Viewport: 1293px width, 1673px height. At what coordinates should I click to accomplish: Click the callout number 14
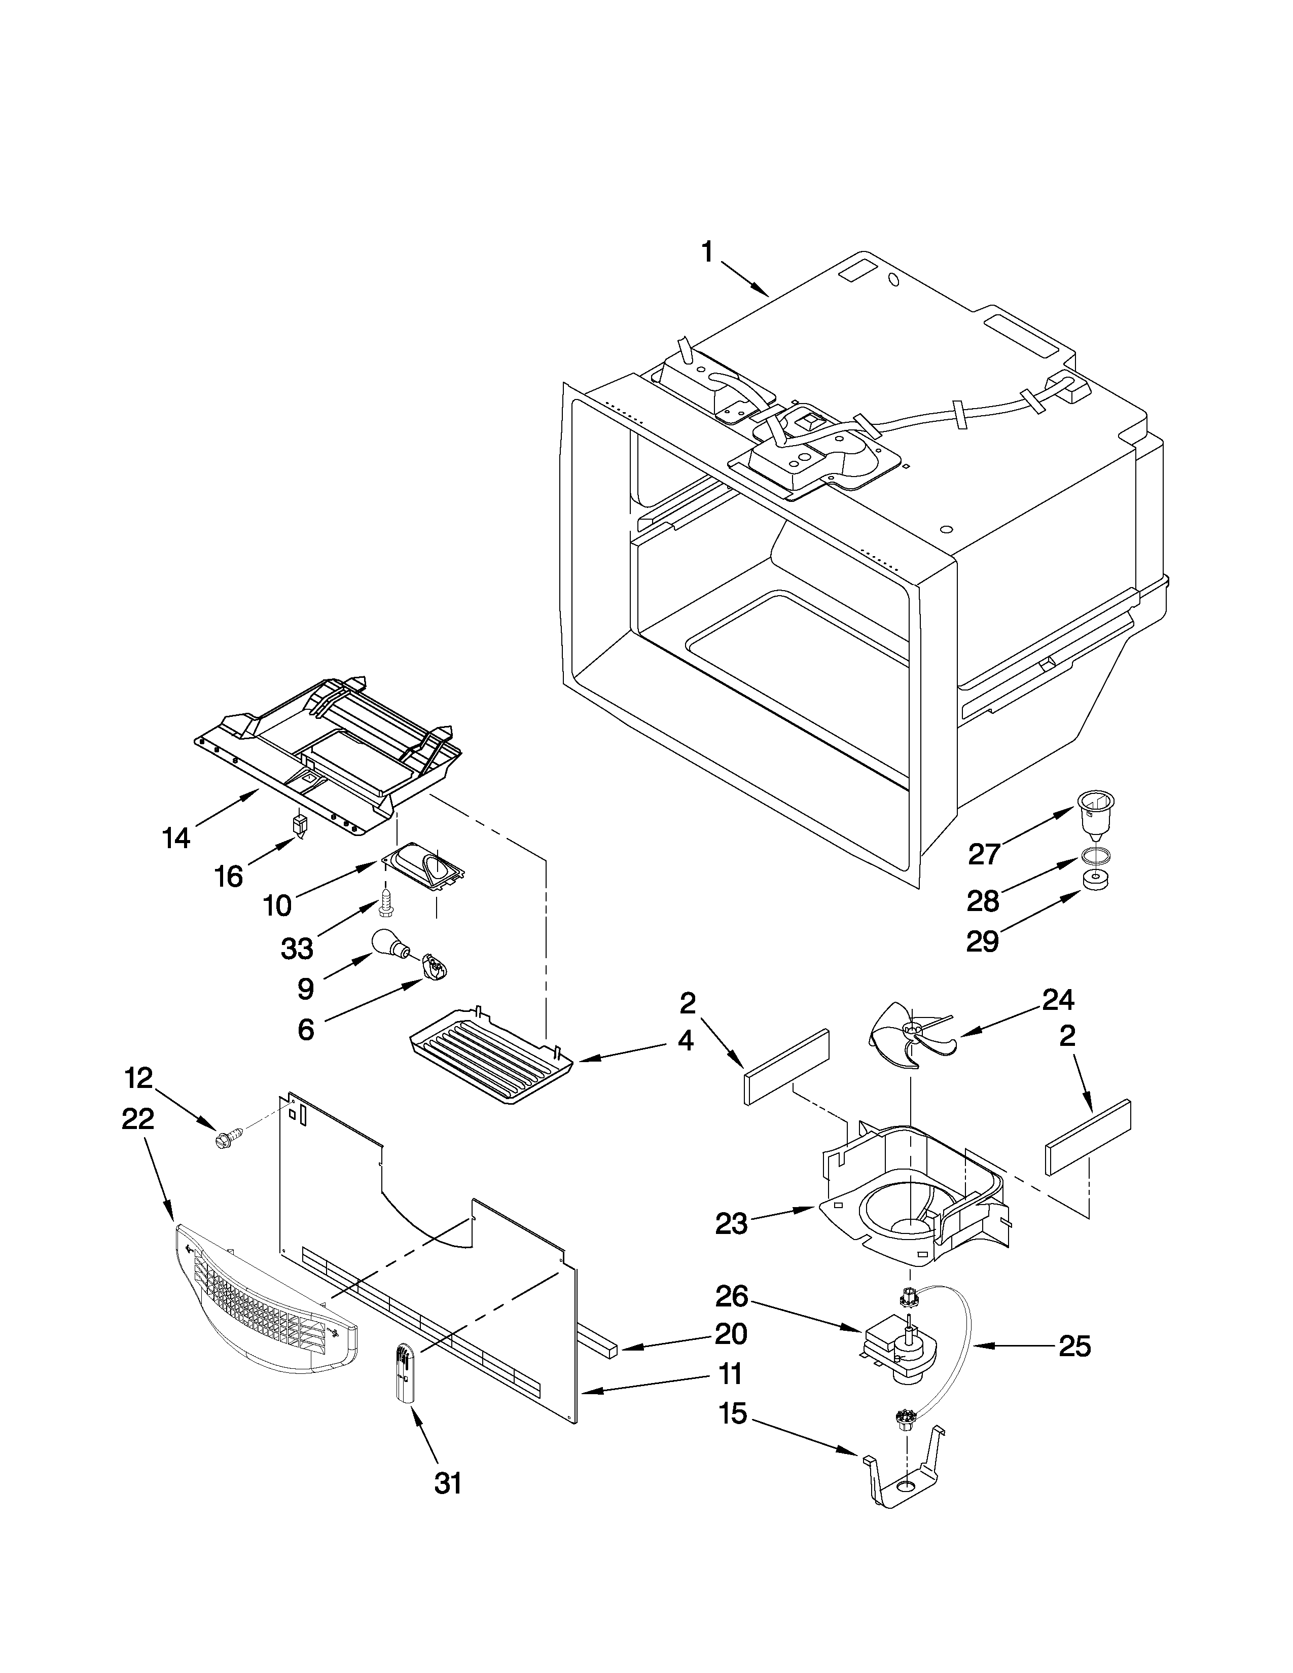point(176,838)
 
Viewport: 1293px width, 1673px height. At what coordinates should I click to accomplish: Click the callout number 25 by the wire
point(1074,1346)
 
